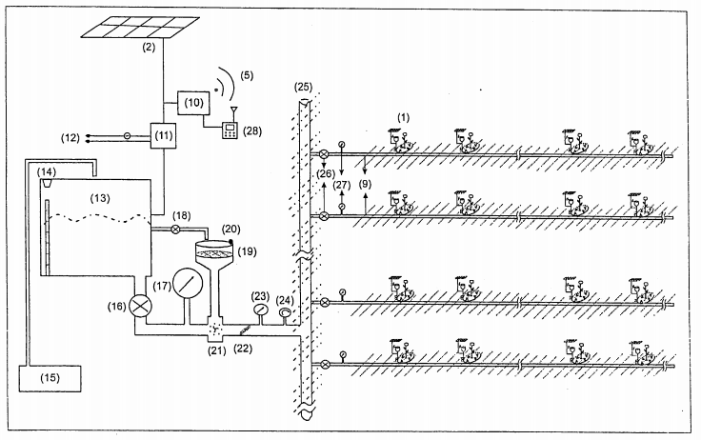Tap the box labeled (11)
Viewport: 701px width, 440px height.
pos(164,136)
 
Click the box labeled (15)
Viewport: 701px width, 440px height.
pos(50,388)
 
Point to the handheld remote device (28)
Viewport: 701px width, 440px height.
pos(229,130)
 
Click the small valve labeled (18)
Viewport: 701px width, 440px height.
pos(173,229)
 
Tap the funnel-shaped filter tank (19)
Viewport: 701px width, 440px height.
pos(216,259)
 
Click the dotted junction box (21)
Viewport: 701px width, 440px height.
pos(216,330)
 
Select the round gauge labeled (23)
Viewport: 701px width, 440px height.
pos(259,310)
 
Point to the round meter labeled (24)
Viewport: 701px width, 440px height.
pos(283,313)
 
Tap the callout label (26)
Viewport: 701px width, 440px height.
pos(326,172)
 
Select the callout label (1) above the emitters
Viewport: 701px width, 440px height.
pos(402,115)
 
